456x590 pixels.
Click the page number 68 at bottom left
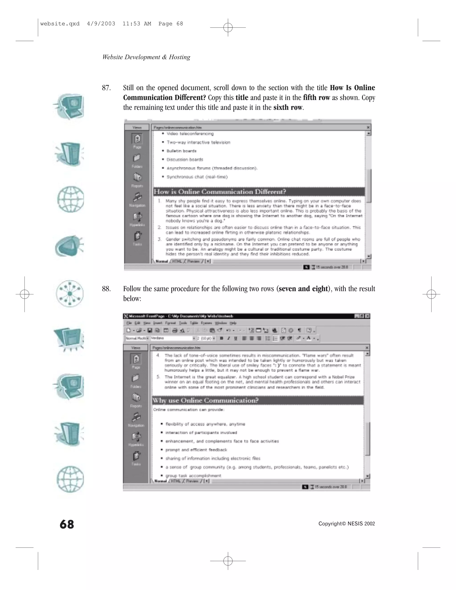pos(67,524)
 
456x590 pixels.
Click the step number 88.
pos(106,289)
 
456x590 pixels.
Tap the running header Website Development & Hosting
pos(146,57)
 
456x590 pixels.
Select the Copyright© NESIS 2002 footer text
pos(347,524)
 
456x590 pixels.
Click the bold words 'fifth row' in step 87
pos(316,98)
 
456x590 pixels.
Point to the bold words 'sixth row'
pos(288,108)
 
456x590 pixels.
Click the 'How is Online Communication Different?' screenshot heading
pos(220,192)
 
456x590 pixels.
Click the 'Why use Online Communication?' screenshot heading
pos(206,400)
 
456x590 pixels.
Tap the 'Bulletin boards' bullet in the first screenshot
pos(181,151)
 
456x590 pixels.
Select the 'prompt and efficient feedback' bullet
pos(196,450)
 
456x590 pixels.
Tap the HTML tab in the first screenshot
pos(177,261)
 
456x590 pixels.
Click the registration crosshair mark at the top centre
pos(228,27)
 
